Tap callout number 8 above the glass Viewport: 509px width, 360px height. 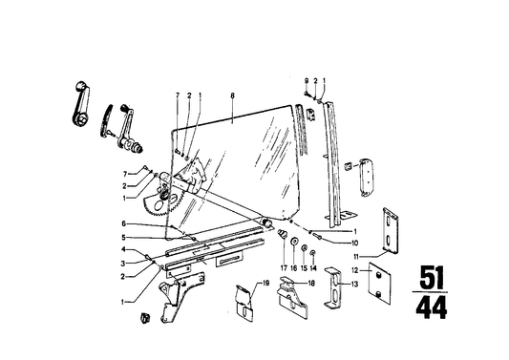[231, 96]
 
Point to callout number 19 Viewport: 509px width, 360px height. [243, 284]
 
